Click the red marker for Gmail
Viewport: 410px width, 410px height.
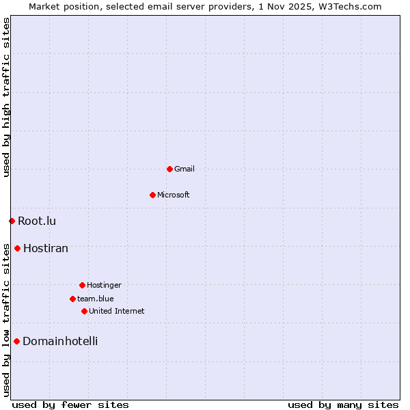[x=169, y=169]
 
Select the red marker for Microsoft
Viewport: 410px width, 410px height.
[x=152, y=195]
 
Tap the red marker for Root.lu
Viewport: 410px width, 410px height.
[x=12, y=221]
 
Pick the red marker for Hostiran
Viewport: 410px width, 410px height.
[x=17, y=248]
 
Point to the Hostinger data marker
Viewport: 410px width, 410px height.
[x=82, y=285]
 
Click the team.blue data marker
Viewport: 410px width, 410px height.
[x=72, y=299]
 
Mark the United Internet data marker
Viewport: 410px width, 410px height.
[x=84, y=311]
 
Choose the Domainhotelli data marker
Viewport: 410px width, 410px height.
[x=16, y=341]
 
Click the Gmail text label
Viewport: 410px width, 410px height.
[x=184, y=169]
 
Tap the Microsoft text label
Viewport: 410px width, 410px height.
[x=174, y=195]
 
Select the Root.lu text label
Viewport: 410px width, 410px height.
[x=37, y=221]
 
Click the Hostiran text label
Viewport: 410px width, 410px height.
[x=46, y=248]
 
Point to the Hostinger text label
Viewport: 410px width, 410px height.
[x=104, y=285]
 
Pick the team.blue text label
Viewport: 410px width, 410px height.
[x=96, y=299]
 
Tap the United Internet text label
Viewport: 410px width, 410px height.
[x=117, y=311]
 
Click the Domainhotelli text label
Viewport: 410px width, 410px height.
[x=60, y=341]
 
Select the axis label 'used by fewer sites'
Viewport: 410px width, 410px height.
[x=70, y=405]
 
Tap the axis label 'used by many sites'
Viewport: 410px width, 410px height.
[x=343, y=405]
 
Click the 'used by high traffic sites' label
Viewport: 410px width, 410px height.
[x=6, y=97]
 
